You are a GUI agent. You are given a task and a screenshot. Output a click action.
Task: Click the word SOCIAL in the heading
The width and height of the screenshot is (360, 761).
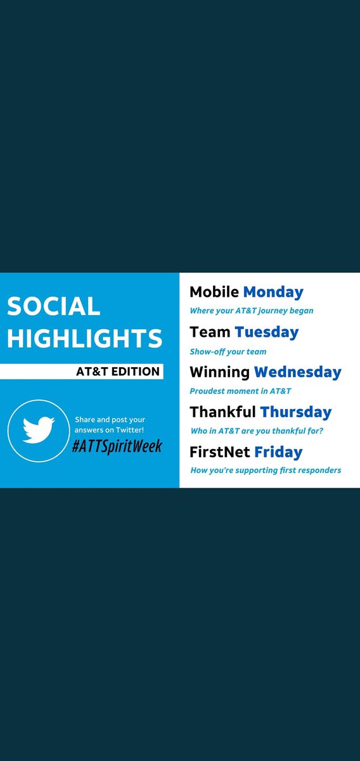54,306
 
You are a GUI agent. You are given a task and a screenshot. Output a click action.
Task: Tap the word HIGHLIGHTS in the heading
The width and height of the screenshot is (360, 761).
85,338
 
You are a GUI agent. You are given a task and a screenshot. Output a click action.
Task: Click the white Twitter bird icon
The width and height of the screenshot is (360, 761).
38,429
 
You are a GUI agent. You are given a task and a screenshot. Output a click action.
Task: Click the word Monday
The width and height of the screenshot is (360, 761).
273,292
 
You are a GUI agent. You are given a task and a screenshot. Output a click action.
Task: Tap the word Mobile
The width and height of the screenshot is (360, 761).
214,292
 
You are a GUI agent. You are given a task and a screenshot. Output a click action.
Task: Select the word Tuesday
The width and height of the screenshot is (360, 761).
266,332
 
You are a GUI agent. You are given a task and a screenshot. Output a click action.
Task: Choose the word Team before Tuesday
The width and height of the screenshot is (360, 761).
210,332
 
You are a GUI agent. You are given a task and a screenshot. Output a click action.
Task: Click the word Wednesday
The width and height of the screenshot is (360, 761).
298,372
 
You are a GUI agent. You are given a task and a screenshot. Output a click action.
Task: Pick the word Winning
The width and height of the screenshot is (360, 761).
219,372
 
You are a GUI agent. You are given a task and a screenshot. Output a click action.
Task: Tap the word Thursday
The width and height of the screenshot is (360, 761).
295,412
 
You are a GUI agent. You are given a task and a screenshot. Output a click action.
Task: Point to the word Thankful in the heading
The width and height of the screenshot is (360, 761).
222,412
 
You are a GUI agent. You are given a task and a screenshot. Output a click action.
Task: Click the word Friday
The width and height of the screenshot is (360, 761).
278,452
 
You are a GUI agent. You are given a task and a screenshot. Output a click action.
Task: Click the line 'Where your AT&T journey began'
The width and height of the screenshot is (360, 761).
252,311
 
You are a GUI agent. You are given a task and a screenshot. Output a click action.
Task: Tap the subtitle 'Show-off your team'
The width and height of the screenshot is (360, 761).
228,351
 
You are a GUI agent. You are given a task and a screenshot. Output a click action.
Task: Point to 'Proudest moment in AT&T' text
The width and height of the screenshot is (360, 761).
240,391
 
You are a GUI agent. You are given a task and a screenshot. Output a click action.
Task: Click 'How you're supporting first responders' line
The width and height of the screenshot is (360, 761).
266,470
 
